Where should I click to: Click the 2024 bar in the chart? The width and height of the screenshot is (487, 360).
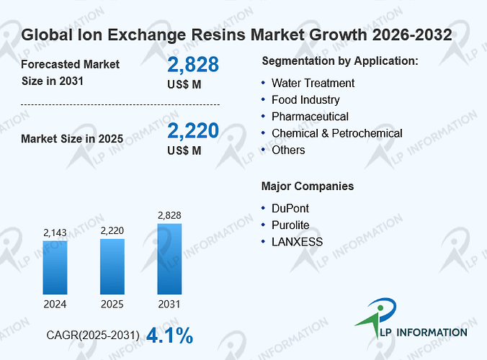coord(55,268)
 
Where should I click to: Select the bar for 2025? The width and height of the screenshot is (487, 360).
coord(112,266)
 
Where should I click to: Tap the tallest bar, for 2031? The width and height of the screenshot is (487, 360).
coord(169,258)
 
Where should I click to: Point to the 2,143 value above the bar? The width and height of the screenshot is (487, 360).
coord(55,233)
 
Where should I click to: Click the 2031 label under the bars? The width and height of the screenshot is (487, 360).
coord(169,304)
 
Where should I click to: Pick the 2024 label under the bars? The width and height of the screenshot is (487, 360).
coord(55,304)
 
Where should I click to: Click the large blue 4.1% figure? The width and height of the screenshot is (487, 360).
coord(169,336)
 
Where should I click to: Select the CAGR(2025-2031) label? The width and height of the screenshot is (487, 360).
coord(93,336)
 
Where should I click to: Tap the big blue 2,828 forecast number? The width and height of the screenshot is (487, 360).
coord(193,65)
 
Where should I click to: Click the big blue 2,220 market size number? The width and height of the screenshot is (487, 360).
coord(193,130)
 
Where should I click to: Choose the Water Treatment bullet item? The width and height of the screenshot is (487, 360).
coord(313,84)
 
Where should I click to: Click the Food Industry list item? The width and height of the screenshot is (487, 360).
coord(305,100)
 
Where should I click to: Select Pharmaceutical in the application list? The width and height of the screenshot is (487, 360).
coord(310,117)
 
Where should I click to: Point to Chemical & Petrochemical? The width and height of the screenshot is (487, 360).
coord(337,133)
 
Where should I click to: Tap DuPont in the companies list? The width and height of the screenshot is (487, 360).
coord(290,209)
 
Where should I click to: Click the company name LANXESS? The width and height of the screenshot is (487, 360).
coord(298,242)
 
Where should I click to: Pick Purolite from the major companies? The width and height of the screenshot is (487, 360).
coord(290,225)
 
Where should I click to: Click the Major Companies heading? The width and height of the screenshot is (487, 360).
coord(308,186)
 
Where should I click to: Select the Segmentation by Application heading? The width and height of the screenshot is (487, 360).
coord(340,61)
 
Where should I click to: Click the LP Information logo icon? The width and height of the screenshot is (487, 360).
coord(377,318)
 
